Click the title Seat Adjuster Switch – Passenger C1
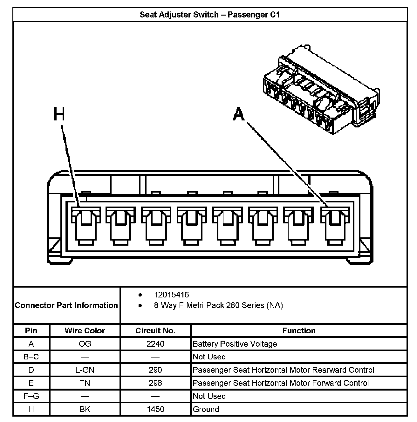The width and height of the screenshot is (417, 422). click(x=210, y=15)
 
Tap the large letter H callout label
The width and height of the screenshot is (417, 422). click(x=59, y=114)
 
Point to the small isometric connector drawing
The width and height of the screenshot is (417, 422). click(x=321, y=91)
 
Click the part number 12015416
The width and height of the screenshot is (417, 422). click(x=171, y=295)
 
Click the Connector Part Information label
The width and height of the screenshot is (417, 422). click(x=66, y=305)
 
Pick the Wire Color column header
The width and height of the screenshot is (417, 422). click(x=85, y=330)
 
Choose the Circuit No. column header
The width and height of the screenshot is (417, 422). click(x=155, y=330)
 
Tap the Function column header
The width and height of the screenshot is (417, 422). click(x=299, y=330)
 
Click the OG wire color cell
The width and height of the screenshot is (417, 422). click(x=85, y=344)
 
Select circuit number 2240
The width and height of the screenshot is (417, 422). click(x=155, y=344)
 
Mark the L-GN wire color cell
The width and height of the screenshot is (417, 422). click(x=85, y=370)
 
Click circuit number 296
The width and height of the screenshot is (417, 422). click(x=155, y=383)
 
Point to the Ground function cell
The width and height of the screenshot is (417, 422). click(x=206, y=409)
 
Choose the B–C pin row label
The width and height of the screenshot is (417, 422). click(x=31, y=357)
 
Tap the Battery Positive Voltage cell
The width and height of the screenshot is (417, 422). click(x=235, y=344)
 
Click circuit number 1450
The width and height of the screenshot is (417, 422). click(x=155, y=409)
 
